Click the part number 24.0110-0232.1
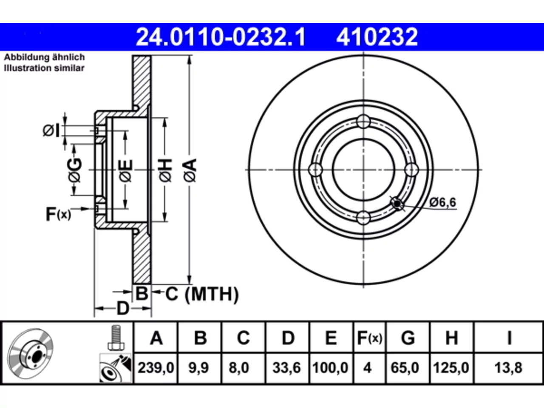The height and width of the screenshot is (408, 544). pyautogui.click(x=221, y=37)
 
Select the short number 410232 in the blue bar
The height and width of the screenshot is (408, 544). pyautogui.click(x=377, y=37)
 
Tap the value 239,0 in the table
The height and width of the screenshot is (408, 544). pyautogui.click(x=156, y=368)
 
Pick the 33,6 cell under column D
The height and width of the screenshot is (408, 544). pyautogui.click(x=287, y=368)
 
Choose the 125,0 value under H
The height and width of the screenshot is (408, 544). pyautogui.click(x=451, y=368)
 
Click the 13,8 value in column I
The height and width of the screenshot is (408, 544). pyautogui.click(x=508, y=368)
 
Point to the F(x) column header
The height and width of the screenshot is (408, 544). pyautogui.click(x=369, y=338)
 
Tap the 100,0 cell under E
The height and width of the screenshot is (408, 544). pyautogui.click(x=330, y=368)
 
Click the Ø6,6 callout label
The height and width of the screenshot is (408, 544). pyautogui.click(x=442, y=202)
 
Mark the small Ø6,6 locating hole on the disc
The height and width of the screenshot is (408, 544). pyautogui.click(x=397, y=204)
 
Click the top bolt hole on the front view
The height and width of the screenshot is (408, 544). pyautogui.click(x=363, y=122)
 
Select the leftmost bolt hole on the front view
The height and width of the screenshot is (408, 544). pyautogui.click(x=315, y=170)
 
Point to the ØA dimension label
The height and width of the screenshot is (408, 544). pyautogui.click(x=190, y=170)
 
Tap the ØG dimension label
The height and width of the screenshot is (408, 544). pyautogui.click(x=75, y=170)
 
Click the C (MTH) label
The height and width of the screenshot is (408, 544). pyautogui.click(x=202, y=294)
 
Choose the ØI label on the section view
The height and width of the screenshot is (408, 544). pyautogui.click(x=51, y=130)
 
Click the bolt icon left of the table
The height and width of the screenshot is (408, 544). pyautogui.click(x=116, y=338)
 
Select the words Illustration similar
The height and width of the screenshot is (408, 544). pyautogui.click(x=44, y=68)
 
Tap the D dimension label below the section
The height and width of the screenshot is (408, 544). pyautogui.click(x=123, y=309)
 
